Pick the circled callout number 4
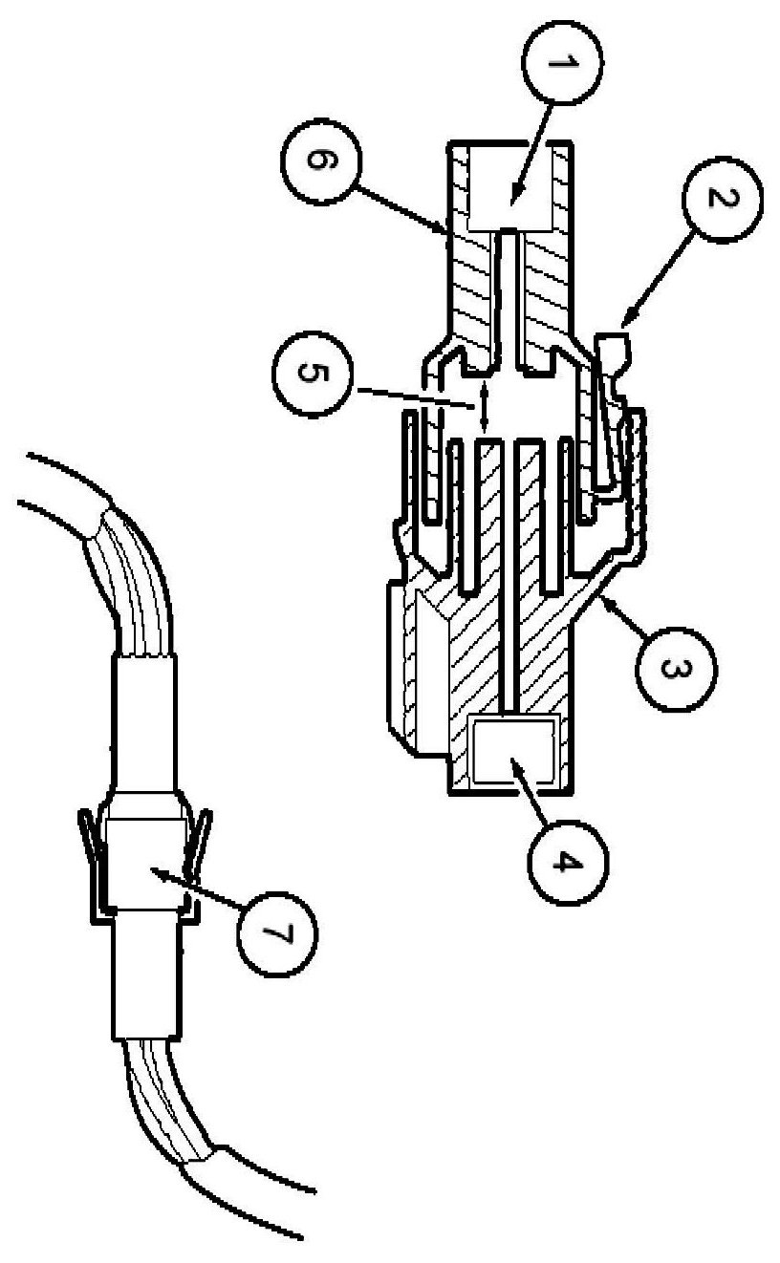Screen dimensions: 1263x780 (x=564, y=862)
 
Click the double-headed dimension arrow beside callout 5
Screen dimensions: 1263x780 (x=484, y=408)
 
